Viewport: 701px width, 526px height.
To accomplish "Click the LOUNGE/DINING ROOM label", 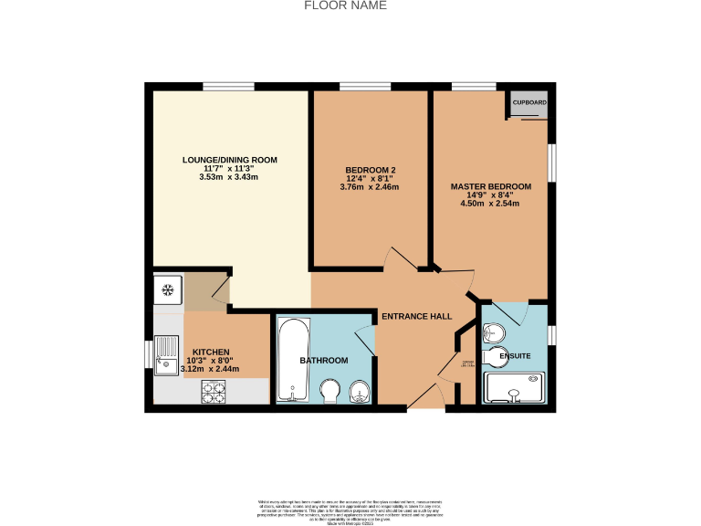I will pos(229,160).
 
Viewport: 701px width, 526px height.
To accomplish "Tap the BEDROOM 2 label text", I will pos(370,170).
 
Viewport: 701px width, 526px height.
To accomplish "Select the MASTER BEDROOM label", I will pos(490,186).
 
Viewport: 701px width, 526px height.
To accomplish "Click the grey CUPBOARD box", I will pos(529,102).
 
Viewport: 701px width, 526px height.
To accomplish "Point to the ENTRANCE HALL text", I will pos(417,317).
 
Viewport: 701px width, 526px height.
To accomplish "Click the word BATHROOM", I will pos(324,361).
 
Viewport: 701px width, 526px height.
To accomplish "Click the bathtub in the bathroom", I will pos(292,360).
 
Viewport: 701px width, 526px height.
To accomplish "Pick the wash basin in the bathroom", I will pos(361,394).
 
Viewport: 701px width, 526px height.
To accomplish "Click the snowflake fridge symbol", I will pos(167,291).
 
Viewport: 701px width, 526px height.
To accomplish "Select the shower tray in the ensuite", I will pos(515,387).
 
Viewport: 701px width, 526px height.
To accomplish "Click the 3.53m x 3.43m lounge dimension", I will pos(229,177).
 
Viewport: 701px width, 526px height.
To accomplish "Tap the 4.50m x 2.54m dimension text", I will pos(490,204).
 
